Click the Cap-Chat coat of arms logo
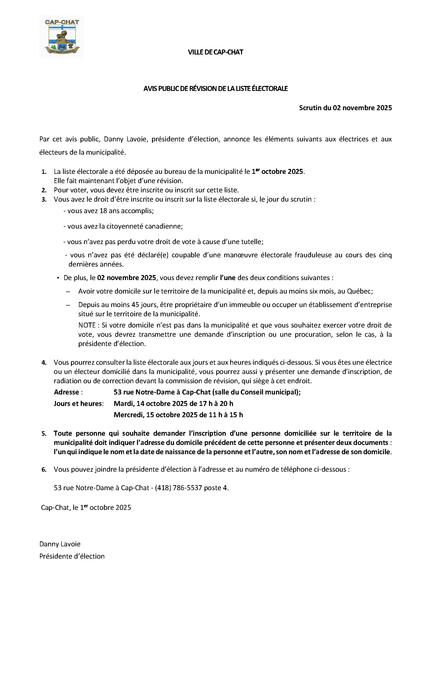[62, 37]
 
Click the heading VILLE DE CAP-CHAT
[215, 52]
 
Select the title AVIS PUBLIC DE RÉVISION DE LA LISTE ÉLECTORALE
[215, 89]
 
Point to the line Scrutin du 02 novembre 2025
[345, 108]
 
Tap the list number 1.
[44, 172]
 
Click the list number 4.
[44, 363]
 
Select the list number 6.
[44, 469]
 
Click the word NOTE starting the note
[87, 325]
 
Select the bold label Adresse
[67, 392]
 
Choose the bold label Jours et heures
[78, 404]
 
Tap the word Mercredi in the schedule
[129, 415]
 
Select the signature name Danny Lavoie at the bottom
[60, 544]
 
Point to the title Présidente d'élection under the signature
[72, 556]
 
